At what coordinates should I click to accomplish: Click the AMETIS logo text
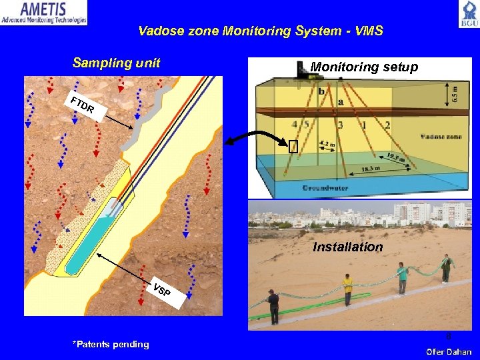point(43,9)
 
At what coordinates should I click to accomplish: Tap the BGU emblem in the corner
point(468,13)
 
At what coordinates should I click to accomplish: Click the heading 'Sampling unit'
point(116,63)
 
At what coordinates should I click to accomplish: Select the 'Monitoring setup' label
point(364,67)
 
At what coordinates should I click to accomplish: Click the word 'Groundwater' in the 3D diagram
point(325,189)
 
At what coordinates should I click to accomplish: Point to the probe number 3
point(340,125)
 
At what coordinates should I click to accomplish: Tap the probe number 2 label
point(387,125)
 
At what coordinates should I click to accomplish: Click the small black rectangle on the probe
point(293,147)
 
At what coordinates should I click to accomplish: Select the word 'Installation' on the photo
point(348,247)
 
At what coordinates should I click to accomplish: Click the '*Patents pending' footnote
point(111,344)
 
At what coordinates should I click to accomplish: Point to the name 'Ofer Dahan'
point(449,351)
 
